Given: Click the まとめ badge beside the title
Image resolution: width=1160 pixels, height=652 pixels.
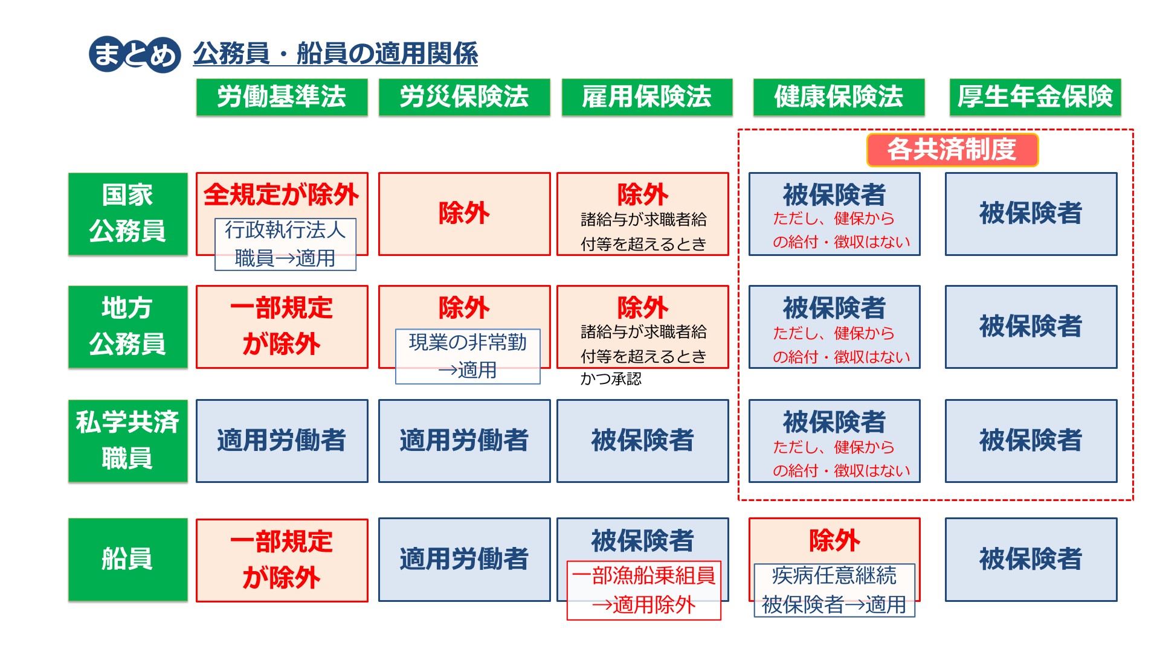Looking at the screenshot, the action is pos(135,54).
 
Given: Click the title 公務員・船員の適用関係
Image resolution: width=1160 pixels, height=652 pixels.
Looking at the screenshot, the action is pos(335,54).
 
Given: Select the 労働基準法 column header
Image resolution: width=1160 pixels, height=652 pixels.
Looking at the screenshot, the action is pos(282,97).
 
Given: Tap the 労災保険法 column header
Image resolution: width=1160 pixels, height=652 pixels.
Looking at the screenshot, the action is pos(464,97).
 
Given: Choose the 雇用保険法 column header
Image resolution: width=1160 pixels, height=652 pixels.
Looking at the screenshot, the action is pos(647,97).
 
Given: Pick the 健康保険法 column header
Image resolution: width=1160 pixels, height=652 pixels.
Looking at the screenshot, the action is pos(839,97).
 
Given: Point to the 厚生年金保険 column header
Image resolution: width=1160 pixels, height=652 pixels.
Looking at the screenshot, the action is pos(1035,97).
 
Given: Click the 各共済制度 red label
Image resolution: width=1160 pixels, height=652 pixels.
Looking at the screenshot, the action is pos(952,150).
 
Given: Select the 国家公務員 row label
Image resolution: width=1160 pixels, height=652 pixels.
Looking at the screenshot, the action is pos(127,214).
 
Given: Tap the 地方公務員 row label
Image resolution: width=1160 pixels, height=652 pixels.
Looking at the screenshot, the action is pos(127,327).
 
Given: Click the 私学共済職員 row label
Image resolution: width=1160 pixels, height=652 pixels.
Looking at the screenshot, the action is pos(127,441).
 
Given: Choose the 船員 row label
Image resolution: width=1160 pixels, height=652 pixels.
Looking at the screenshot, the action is pos(127,559).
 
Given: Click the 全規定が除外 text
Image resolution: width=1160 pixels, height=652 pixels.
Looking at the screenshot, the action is pos(282,195).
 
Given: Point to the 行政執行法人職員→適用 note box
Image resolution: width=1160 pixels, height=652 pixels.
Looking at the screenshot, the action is pos(285,245).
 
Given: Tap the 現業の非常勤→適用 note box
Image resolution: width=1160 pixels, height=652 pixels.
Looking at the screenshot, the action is pos(468,356).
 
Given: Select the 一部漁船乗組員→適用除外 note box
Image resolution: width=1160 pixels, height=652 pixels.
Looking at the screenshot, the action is pos(644,590).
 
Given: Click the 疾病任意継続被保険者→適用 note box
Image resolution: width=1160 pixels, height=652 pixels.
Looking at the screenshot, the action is pos(834,590).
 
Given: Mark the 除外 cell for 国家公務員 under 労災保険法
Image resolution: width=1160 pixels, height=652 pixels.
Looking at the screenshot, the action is pos(464,214).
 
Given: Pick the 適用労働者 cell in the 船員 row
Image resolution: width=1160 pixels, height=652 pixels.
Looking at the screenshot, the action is pos(464,559).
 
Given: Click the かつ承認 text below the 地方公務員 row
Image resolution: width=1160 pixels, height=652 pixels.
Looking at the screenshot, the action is pos(611,379).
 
